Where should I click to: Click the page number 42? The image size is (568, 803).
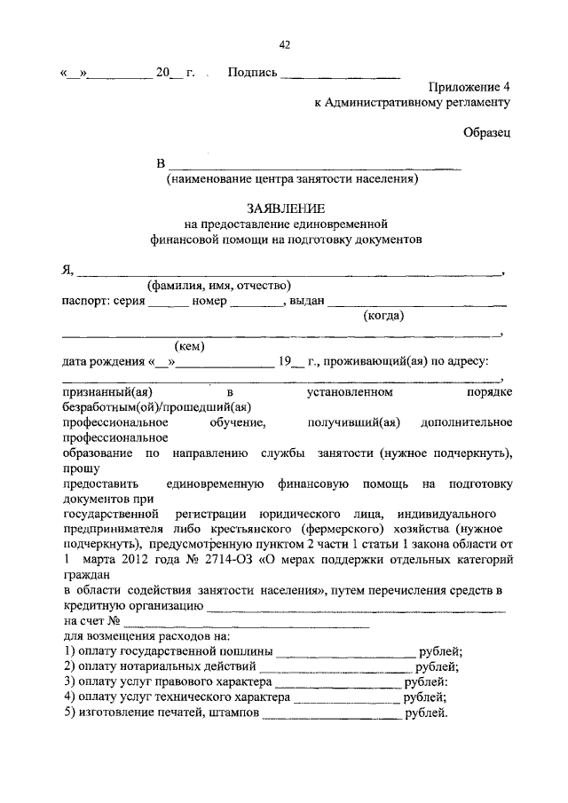pyautogui.click(x=284, y=45)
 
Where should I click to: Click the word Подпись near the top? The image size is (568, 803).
pyautogui.click(x=251, y=73)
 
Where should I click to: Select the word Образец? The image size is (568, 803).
pyautogui.click(x=487, y=133)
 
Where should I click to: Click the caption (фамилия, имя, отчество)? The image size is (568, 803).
pyautogui.click(x=219, y=286)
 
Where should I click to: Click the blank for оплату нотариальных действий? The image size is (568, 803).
pyautogui.click(x=337, y=666)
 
